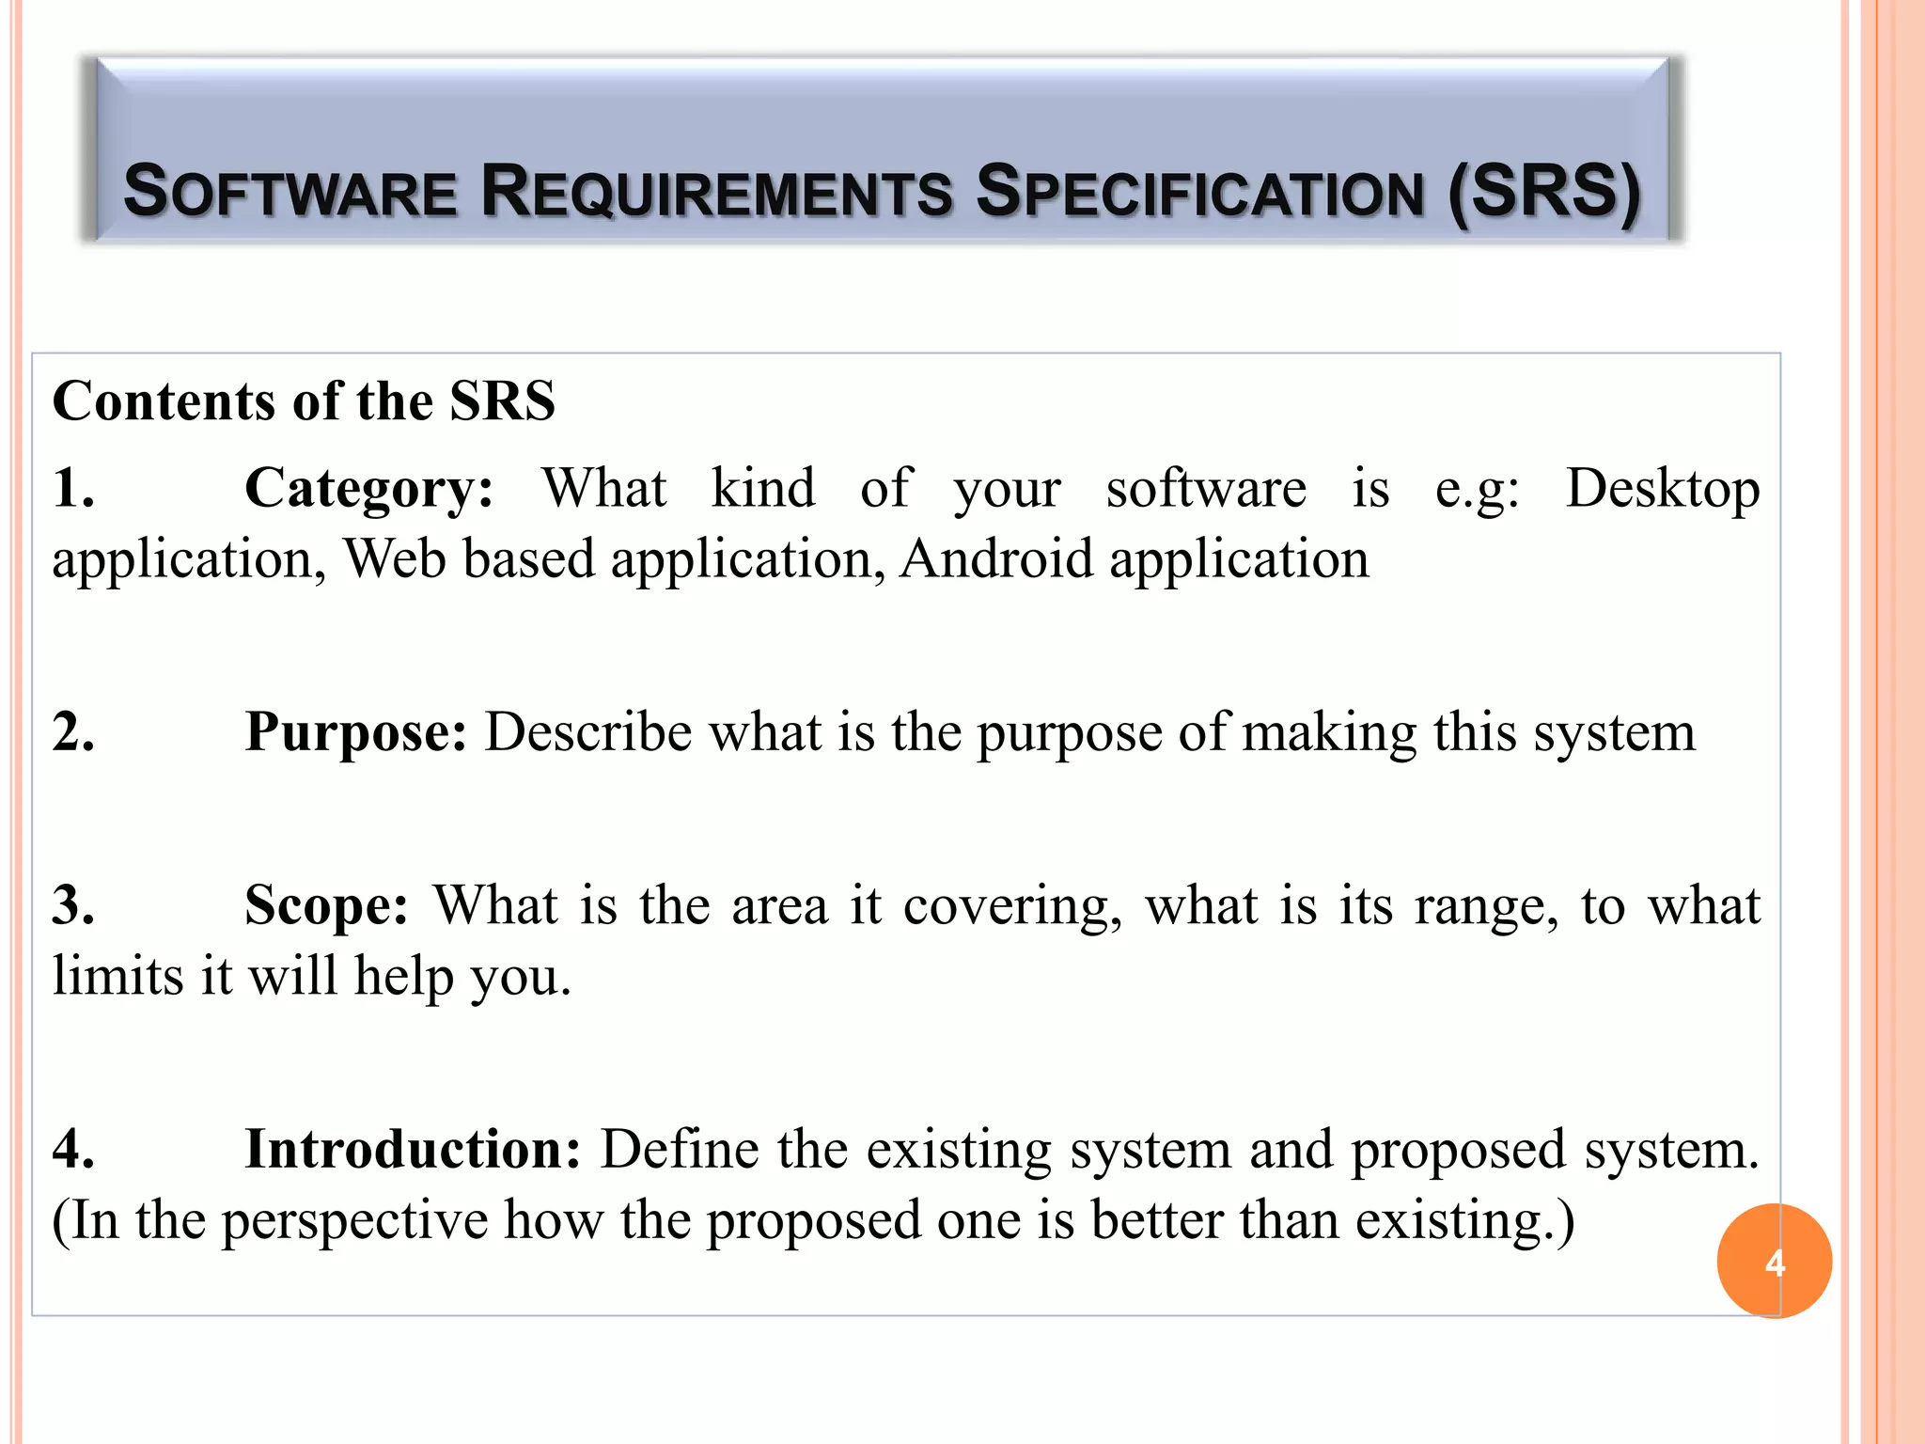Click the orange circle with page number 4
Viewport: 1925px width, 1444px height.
pos(1774,1261)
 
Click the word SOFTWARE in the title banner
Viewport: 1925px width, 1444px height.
pos(290,192)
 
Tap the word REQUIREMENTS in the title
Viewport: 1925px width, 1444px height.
pos(716,192)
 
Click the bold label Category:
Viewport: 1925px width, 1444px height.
pos(368,489)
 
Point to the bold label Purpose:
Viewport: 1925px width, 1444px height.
pos(355,731)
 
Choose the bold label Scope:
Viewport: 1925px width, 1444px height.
pos(326,905)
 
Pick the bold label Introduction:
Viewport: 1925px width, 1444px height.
pos(413,1149)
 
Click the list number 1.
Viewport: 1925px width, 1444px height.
pos(73,489)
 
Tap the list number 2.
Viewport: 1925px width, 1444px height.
pos(73,731)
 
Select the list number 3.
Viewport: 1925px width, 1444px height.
pos(73,905)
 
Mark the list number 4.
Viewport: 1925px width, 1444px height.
pos(73,1149)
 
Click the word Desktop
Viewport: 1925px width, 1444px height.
pos(1662,489)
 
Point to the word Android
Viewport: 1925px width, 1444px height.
pos(995,559)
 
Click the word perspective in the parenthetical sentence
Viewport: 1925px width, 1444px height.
pos(354,1221)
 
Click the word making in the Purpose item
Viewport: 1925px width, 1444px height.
pos(1329,733)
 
